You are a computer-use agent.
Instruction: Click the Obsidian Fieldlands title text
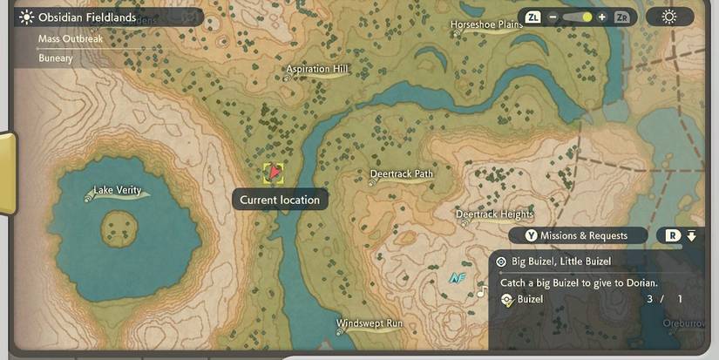click(87, 17)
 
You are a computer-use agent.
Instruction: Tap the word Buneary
click(56, 58)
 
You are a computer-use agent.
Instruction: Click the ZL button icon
click(533, 17)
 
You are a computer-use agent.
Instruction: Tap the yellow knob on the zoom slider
click(587, 17)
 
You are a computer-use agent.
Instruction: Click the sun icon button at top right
click(669, 17)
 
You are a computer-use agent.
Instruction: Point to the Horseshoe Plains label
click(486, 24)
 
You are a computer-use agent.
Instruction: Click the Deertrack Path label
click(401, 174)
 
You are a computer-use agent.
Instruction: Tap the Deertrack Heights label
click(494, 214)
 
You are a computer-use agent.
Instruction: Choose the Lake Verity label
click(117, 191)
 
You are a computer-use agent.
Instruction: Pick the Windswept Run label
click(370, 324)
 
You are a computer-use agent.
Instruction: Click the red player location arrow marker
click(275, 173)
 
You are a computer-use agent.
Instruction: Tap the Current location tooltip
click(280, 200)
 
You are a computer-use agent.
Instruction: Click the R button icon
click(673, 235)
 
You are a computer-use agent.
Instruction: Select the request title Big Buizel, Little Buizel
click(561, 262)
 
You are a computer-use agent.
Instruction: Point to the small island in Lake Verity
click(119, 229)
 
